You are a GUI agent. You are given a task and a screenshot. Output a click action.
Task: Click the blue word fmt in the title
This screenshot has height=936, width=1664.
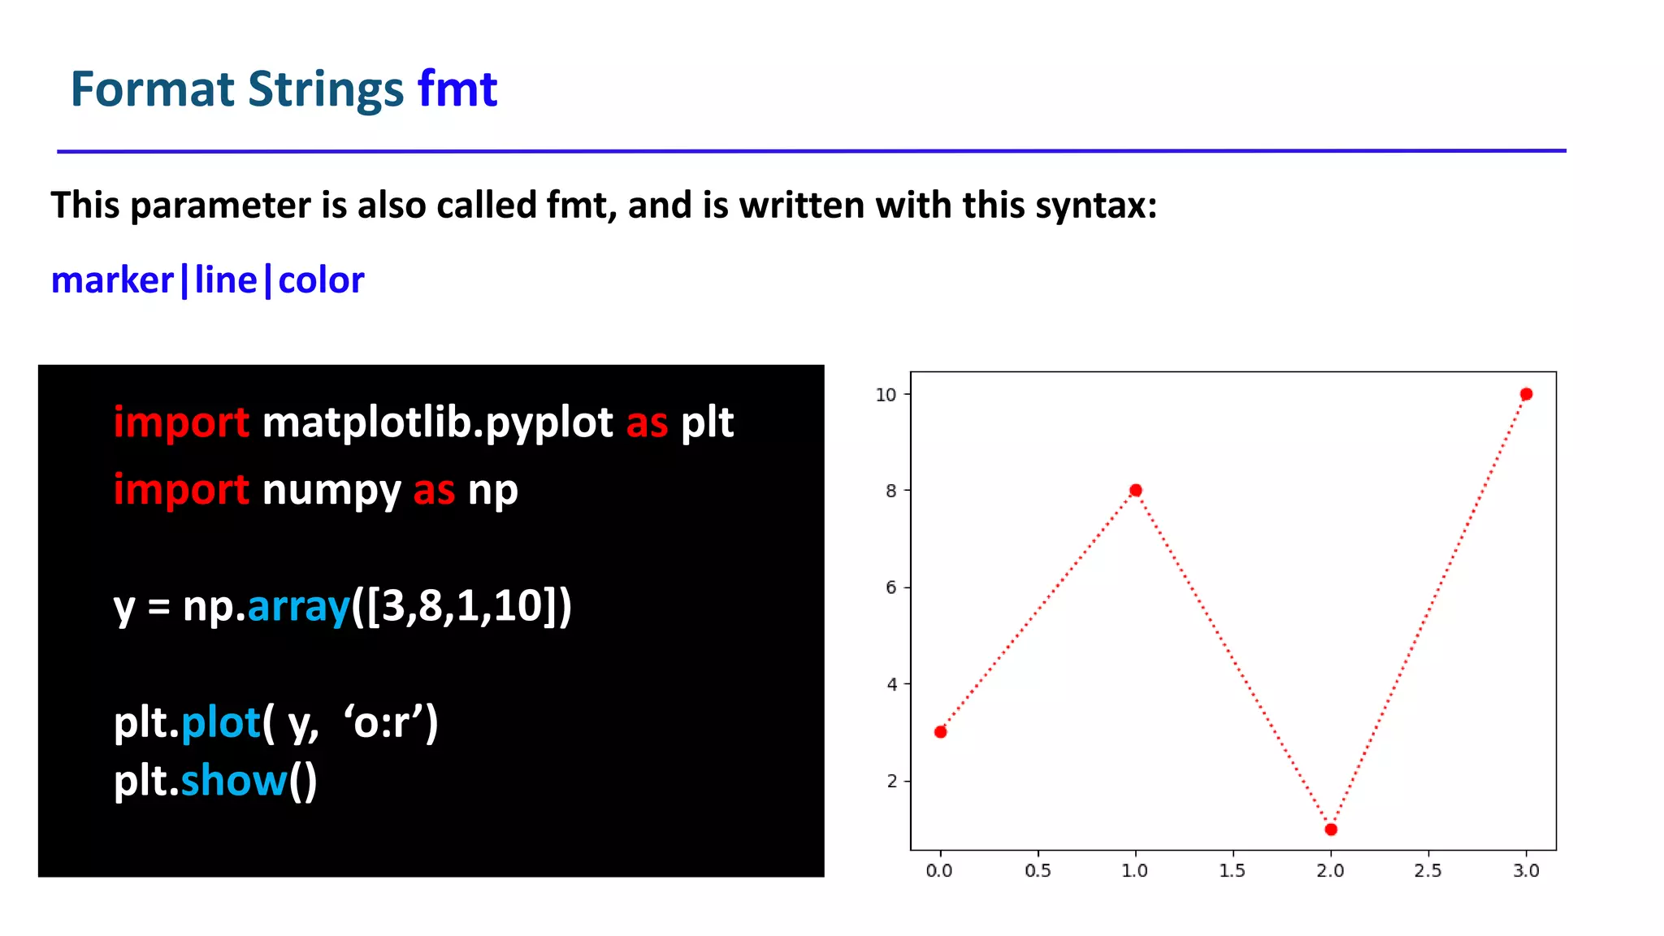(457, 89)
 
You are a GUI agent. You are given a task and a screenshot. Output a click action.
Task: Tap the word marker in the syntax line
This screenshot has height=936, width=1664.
(112, 280)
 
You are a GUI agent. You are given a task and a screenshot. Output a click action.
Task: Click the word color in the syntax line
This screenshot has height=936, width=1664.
(321, 280)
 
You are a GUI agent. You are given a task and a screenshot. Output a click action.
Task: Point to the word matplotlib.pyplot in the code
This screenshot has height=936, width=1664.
(437, 423)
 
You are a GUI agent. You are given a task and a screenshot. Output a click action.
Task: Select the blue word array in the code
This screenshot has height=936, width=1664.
(298, 607)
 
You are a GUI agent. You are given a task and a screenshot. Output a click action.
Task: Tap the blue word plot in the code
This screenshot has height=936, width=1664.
(220, 722)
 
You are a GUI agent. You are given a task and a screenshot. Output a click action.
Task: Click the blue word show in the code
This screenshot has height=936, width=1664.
(234, 781)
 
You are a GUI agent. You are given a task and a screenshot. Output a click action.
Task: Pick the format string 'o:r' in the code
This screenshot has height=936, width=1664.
(385, 722)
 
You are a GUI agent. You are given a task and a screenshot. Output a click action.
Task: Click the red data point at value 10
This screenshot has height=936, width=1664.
(1526, 394)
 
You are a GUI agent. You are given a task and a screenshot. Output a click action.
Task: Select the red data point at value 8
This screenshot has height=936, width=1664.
(1136, 490)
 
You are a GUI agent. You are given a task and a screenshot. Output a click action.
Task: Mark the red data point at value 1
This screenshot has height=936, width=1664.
(1331, 830)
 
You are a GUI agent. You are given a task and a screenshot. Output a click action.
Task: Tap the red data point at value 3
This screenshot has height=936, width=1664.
(941, 732)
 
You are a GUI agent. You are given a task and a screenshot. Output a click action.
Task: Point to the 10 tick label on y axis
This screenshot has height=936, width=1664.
(886, 395)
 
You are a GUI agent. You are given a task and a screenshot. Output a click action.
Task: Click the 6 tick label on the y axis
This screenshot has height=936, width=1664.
(891, 587)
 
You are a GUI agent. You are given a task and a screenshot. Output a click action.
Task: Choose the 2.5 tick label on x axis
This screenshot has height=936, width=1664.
(1428, 871)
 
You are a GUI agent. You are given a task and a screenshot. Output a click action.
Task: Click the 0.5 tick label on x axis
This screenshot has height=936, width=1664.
(1038, 871)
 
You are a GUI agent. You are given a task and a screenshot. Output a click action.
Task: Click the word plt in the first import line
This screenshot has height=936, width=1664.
(707, 423)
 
